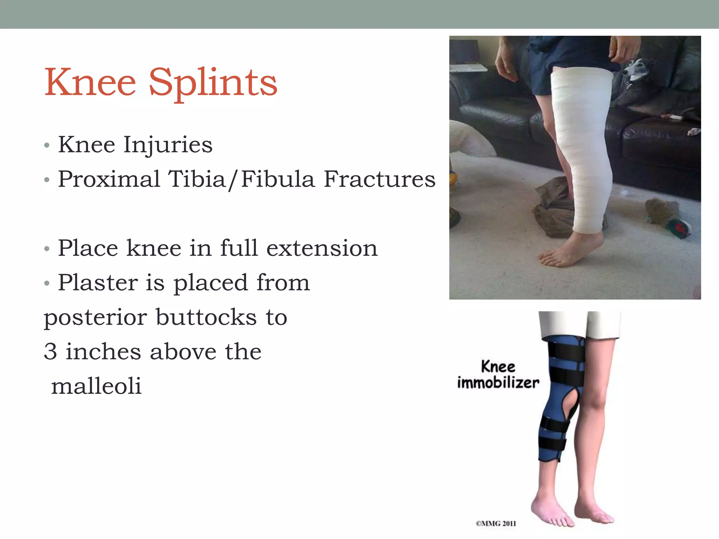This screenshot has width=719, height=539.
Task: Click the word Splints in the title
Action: pos(213,83)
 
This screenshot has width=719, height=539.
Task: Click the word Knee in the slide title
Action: pos(90,83)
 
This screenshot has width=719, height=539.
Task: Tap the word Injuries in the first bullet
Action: pos(168,145)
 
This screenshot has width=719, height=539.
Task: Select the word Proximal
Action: pos(109,179)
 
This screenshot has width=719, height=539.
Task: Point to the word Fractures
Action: pos(379,179)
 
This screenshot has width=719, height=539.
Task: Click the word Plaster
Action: pos(98,283)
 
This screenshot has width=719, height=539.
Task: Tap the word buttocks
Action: pos(206,317)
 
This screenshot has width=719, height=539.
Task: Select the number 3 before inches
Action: pos(50,352)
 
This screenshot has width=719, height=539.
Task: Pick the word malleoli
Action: pos(96,386)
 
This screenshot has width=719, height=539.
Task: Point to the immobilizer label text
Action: pos(498,382)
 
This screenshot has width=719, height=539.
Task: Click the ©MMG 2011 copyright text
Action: pos(496,524)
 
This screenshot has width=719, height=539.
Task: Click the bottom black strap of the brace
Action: pos(552,444)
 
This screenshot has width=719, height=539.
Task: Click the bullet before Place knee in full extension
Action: pos(47,249)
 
